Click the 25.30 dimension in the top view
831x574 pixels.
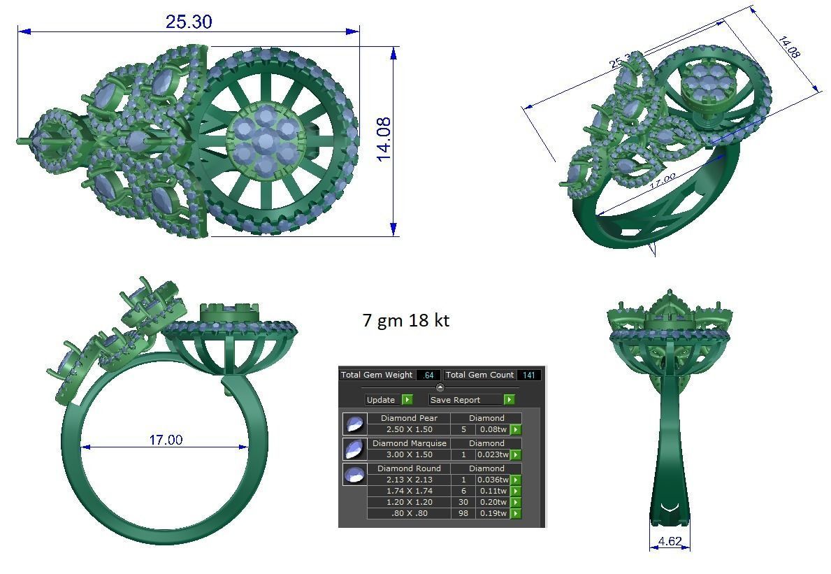(x=188, y=22)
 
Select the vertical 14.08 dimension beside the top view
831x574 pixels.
(x=384, y=140)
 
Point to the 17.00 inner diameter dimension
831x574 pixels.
(x=166, y=440)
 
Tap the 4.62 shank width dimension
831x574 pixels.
(x=670, y=541)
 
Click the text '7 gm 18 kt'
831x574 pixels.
(x=405, y=320)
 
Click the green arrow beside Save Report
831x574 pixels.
(x=509, y=400)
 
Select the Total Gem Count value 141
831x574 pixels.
(x=528, y=375)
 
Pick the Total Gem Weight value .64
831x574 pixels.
(x=428, y=375)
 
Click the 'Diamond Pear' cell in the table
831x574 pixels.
(x=409, y=418)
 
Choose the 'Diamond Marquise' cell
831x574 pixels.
(x=409, y=443)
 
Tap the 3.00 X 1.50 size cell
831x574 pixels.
(x=409, y=454)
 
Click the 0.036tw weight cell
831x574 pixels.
(x=493, y=480)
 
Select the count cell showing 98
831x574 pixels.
(x=463, y=513)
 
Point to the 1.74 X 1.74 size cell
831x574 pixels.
(x=409, y=491)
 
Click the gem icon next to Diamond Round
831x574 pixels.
(x=354, y=474)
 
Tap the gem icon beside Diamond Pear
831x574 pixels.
(x=354, y=424)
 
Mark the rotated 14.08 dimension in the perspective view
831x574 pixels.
(x=788, y=47)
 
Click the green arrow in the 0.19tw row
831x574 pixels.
(x=516, y=513)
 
